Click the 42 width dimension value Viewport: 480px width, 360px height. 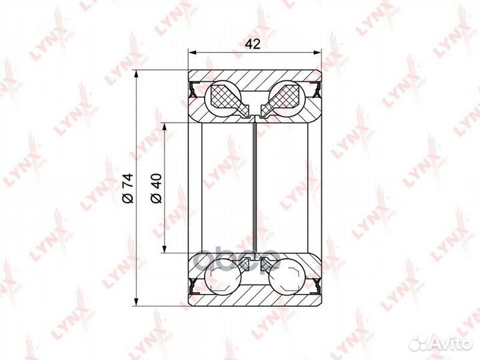tap(253, 45)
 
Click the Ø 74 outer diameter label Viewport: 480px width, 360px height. tap(128, 188)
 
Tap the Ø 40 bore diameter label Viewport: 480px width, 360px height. tap(156, 188)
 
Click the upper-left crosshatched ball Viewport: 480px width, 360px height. tap(225, 97)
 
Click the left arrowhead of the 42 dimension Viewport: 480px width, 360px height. tap(192, 53)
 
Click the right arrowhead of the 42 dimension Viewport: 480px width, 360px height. tap(318, 53)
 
